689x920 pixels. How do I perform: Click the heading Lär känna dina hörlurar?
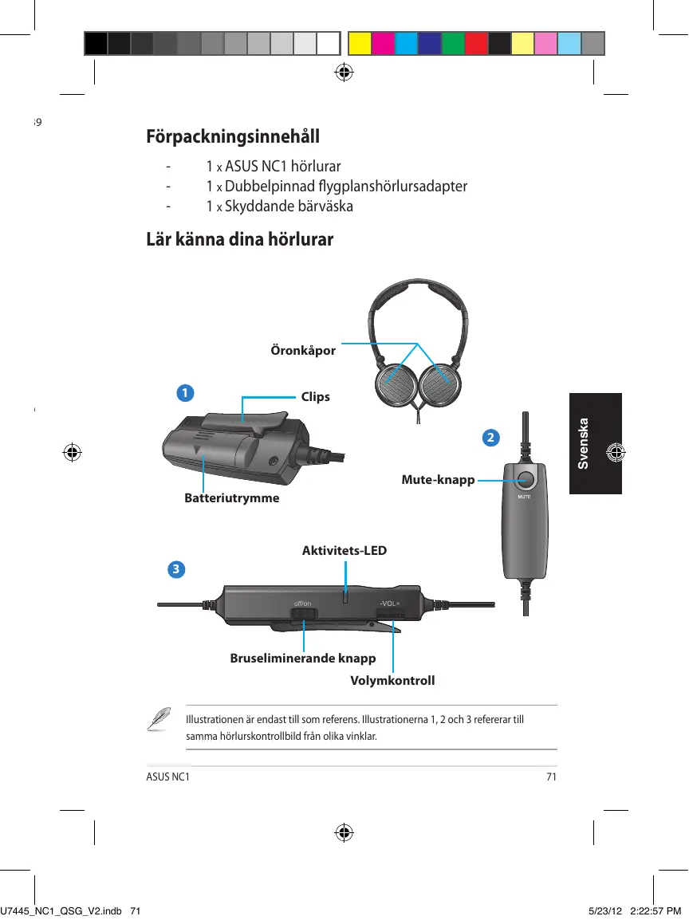click(239, 239)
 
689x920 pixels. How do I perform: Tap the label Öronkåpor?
click(303, 351)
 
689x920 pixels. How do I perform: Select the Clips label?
click(315, 396)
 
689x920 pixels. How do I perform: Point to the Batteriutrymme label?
click(232, 498)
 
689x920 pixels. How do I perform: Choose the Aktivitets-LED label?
click(344, 550)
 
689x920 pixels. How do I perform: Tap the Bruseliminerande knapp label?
click(303, 659)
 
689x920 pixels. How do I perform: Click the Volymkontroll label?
click(393, 681)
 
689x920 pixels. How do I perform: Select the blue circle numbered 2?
click(491, 438)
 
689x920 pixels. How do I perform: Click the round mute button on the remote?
click(525, 480)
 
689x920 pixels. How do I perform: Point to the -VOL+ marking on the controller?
click(391, 604)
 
